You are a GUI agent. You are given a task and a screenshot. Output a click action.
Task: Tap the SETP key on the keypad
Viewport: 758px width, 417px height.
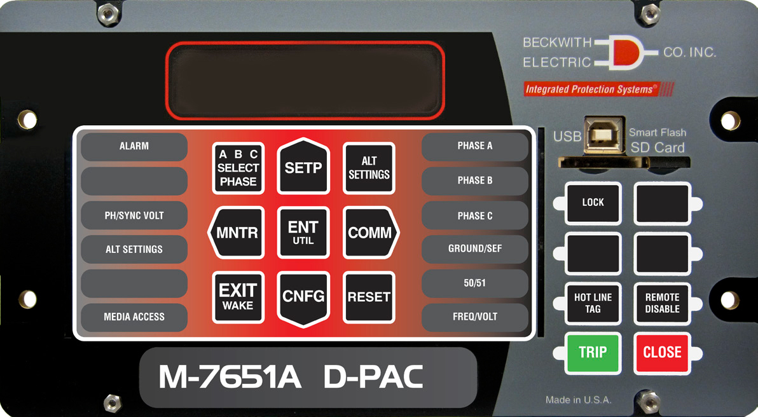coord(303,167)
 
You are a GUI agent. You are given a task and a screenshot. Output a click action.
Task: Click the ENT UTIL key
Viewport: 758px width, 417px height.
coord(303,233)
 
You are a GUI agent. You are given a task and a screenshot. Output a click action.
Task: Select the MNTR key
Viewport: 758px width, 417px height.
coord(236,233)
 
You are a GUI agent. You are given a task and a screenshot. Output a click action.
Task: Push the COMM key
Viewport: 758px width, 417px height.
coord(370,233)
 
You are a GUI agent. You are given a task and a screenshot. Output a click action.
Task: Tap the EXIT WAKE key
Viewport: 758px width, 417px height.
coord(238,297)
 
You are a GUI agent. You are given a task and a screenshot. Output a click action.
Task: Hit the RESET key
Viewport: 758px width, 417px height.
coord(369,297)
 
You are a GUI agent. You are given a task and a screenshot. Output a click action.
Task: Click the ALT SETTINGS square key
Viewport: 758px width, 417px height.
coord(369,168)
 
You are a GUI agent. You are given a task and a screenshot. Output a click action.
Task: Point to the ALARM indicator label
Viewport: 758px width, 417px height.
coord(134,146)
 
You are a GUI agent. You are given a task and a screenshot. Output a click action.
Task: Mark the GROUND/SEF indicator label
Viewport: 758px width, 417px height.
coord(475,249)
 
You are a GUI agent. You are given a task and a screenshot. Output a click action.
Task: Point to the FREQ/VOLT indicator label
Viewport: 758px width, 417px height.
coord(475,317)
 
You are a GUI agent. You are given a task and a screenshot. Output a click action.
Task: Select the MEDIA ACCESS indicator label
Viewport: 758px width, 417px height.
coord(134,317)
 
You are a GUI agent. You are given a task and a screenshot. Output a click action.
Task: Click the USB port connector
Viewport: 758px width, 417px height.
coord(603,135)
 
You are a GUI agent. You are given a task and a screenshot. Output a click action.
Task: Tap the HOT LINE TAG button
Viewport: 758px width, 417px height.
coord(593,303)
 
